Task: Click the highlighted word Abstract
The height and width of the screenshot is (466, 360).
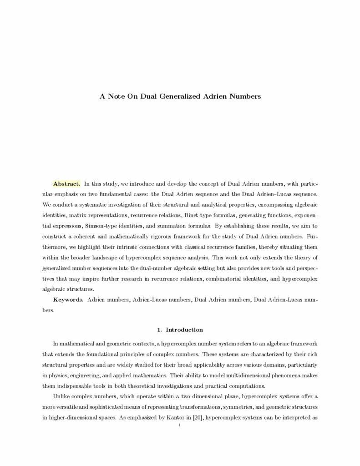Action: (x=67, y=184)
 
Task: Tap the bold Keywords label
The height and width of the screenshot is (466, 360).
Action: (x=68, y=300)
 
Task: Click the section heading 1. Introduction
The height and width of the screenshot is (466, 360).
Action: (x=180, y=329)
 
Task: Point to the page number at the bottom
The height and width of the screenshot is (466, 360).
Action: (x=180, y=425)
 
